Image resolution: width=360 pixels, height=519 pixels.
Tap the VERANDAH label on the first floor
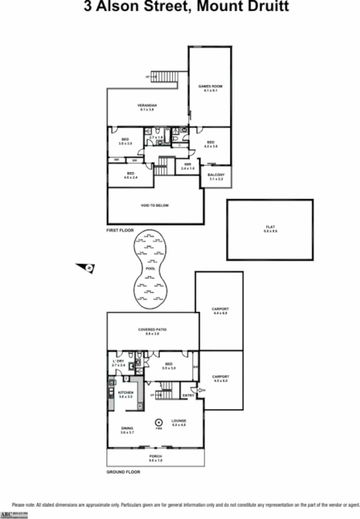pyautogui.click(x=147, y=105)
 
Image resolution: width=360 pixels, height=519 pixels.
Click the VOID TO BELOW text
pyautogui.click(x=155, y=205)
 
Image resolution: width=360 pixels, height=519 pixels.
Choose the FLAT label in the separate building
pyautogui.click(x=270, y=227)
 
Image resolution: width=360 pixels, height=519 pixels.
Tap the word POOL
pyautogui.click(x=150, y=269)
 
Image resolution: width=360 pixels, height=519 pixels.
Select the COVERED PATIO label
pyautogui.click(x=152, y=329)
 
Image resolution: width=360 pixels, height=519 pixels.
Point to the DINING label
pyautogui.click(x=127, y=428)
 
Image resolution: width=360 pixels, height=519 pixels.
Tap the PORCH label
pyautogui.click(x=155, y=457)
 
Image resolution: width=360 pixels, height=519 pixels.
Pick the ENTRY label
pyautogui.click(x=188, y=395)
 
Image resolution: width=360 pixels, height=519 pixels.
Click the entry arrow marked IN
pyautogui.click(x=200, y=390)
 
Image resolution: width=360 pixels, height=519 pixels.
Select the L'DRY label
pyautogui.click(x=119, y=362)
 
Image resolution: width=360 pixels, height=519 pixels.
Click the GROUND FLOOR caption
pyautogui.click(x=123, y=472)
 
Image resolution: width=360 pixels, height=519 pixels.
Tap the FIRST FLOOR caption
pyautogui.click(x=120, y=230)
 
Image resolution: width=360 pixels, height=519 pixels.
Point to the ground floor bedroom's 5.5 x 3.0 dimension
pyautogui.click(x=169, y=368)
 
